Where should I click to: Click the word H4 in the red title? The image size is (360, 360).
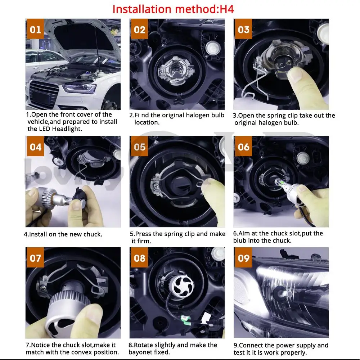[x=227, y=9]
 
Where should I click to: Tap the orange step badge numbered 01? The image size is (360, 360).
[x=35, y=29]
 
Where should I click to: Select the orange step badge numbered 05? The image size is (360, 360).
[x=140, y=147]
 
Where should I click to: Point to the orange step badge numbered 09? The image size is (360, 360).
[x=243, y=258]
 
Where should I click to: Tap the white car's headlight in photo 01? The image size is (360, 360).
[x=80, y=89]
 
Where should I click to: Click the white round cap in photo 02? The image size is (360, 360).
[x=213, y=49]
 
